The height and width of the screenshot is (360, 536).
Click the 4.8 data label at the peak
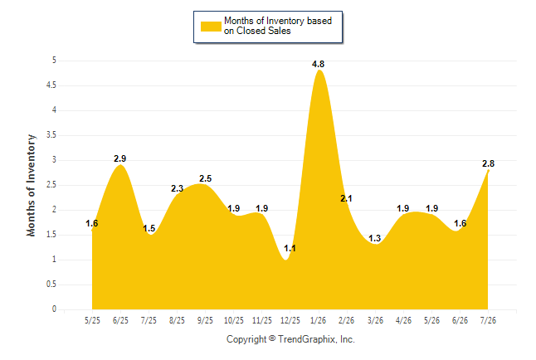pos(318,64)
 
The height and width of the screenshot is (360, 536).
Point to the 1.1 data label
pos(290,248)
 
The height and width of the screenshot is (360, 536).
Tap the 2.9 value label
pos(120,158)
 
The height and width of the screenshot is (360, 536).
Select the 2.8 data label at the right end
pos(488,163)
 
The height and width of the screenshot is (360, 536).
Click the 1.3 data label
pos(375,238)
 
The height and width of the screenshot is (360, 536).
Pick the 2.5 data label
pos(206,178)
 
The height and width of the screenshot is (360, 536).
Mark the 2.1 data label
pos(346,198)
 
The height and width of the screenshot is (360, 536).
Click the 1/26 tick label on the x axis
pos(318,320)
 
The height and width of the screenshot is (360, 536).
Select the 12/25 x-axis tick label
pos(290,320)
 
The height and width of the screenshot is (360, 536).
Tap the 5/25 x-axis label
pos(92,320)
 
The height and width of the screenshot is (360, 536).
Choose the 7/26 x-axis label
pos(488,320)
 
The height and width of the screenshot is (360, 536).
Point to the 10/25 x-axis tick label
pos(233,320)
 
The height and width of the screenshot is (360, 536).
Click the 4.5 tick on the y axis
pos(51,85)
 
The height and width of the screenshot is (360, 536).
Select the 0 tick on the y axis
pos(54,309)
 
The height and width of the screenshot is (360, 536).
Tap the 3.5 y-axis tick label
pos(51,135)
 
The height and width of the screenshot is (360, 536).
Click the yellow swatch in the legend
pos(211,27)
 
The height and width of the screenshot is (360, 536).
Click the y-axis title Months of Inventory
pos(31,185)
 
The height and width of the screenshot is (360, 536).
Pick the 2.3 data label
pos(177,188)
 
